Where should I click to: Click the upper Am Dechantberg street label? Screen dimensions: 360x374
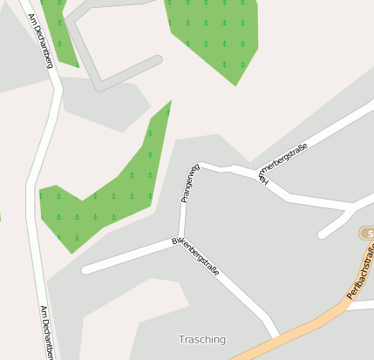[x=41, y=41]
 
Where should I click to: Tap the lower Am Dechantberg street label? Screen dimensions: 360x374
[x=47, y=332]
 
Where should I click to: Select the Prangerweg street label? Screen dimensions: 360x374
[x=190, y=183]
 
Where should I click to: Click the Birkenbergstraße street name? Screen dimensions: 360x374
[x=195, y=254]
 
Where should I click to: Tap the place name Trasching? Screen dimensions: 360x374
[x=201, y=339]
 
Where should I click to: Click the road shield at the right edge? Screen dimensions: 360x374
[x=368, y=234]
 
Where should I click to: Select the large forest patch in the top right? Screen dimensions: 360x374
[x=213, y=35]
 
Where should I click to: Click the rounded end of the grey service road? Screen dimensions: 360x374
[x=158, y=60]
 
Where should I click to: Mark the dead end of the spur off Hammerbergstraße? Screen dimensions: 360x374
[x=322, y=234]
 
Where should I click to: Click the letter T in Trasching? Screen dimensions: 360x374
[x=181, y=339]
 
